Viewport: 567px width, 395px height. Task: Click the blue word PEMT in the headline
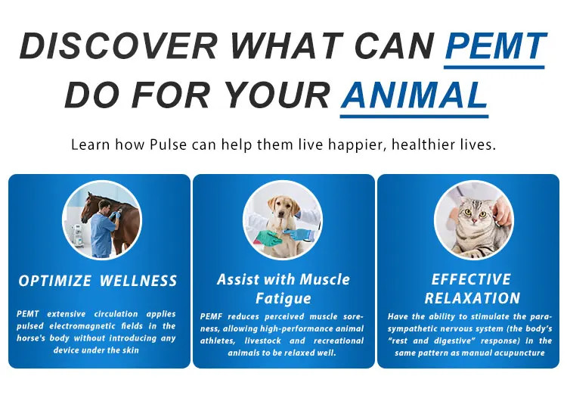pos(495,45)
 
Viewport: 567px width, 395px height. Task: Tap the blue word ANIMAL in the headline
pos(414,95)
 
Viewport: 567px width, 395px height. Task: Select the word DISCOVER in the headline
pos(119,45)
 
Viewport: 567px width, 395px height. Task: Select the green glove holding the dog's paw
pos(268,238)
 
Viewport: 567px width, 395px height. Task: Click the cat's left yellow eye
pos(468,212)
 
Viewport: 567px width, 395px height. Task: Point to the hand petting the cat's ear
pos(503,212)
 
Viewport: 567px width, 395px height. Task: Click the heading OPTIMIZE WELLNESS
pos(98,281)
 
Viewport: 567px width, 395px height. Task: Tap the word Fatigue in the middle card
pos(283,298)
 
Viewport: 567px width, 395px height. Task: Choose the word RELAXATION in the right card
pos(472,298)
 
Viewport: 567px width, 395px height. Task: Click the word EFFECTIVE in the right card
pos(471,279)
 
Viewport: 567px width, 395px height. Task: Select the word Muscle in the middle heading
pos(325,279)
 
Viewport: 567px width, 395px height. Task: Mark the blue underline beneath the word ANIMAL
pos(414,117)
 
